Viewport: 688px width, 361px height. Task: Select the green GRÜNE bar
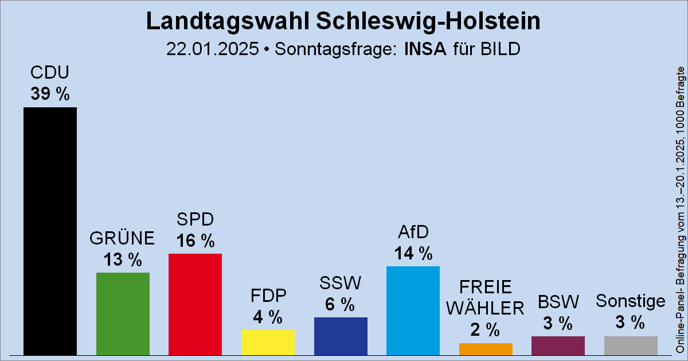(x=123, y=313)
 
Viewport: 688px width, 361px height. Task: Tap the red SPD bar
(x=195, y=304)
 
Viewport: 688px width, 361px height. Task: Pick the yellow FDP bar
(x=268, y=343)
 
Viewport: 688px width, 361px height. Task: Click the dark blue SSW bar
(x=341, y=336)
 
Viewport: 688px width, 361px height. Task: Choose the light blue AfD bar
(x=413, y=310)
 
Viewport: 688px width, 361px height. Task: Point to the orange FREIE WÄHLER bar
(x=486, y=349)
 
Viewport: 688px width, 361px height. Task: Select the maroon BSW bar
(x=558, y=346)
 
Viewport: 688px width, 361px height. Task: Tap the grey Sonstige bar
(x=631, y=346)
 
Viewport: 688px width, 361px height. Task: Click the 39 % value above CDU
(x=50, y=94)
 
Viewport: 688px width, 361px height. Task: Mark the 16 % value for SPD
(x=195, y=240)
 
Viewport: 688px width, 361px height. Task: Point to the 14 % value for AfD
(x=413, y=253)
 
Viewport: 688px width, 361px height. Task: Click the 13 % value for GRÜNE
(x=123, y=259)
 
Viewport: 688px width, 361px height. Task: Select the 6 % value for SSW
(x=341, y=305)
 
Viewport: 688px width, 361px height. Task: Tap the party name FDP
(x=268, y=296)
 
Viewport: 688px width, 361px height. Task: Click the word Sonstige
(x=631, y=301)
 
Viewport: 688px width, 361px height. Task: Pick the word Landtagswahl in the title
(x=228, y=22)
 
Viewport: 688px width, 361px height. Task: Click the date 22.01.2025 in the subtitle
(x=212, y=49)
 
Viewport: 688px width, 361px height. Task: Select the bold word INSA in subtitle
(x=425, y=49)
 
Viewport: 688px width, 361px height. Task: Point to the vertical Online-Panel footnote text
(x=681, y=209)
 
